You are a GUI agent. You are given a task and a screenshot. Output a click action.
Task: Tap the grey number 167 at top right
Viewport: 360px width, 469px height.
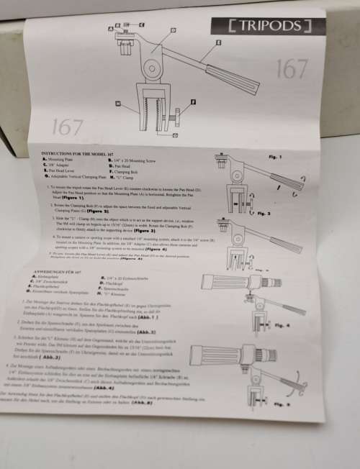292,69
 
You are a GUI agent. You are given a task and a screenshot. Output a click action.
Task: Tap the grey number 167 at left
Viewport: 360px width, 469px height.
67,127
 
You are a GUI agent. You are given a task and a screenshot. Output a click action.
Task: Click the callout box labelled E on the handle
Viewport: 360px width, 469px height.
204,42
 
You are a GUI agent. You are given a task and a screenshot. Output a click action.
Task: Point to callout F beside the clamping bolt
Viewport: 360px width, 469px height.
193,101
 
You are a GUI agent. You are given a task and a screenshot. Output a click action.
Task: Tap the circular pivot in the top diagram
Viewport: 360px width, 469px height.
152,71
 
